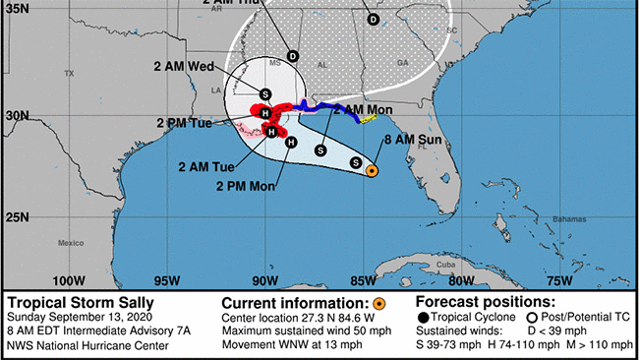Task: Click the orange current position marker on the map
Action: coord(372,171)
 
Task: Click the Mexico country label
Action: coord(72,242)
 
